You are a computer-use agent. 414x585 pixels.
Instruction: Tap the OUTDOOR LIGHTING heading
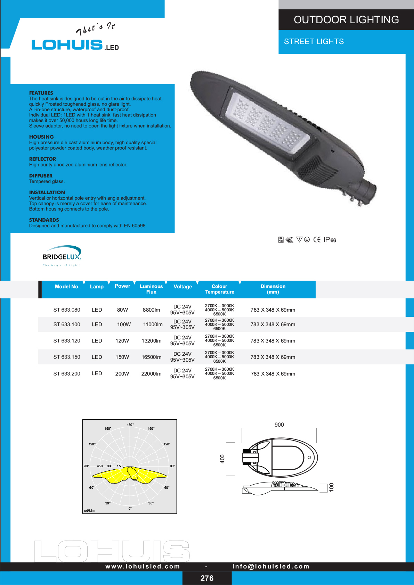tap(346, 20)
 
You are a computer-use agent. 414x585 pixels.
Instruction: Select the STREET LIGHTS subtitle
tap(314, 42)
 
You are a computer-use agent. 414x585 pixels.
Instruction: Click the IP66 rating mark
tap(330, 240)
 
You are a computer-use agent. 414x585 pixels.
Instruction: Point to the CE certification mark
tap(317, 240)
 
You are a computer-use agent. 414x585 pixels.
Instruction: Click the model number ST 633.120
tap(67, 341)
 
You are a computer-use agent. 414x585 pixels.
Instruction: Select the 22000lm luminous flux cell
tap(151, 374)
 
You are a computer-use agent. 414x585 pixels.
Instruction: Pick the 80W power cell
tap(122, 310)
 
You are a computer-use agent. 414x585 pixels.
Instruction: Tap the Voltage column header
tap(182, 287)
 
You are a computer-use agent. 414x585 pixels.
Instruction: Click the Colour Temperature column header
tap(220, 289)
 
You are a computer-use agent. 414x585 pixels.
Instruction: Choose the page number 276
tap(207, 578)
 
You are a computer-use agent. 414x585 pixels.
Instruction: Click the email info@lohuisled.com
tap(271, 566)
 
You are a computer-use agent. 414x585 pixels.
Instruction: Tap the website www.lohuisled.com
tap(143, 566)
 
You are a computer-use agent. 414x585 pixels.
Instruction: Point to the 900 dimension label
tap(279, 425)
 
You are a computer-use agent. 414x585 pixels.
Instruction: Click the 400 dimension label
tap(222, 459)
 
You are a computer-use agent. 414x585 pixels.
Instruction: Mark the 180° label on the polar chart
tap(130, 425)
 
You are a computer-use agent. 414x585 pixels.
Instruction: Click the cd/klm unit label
tap(89, 510)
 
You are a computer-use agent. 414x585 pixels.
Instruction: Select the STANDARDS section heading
tap(44, 220)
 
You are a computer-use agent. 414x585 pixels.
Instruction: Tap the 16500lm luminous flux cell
tap(151, 357)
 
